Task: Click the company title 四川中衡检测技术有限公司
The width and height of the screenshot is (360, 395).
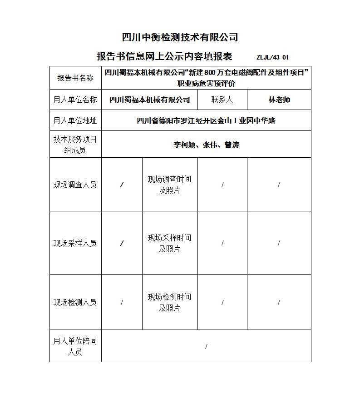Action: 180,37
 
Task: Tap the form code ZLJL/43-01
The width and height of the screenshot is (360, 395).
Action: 272,57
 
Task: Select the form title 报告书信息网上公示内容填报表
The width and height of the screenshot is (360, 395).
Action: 164,56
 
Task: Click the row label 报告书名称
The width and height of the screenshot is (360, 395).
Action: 75,78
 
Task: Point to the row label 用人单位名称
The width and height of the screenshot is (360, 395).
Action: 75,100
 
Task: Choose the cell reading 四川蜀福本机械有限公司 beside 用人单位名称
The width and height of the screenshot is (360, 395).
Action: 150,100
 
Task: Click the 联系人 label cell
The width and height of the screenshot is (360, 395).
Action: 222,100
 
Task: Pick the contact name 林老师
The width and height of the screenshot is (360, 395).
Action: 279,100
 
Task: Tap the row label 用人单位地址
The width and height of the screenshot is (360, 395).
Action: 75,120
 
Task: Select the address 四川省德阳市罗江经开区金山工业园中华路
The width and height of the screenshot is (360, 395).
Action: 206,120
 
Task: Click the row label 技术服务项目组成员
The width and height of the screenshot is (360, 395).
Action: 75,145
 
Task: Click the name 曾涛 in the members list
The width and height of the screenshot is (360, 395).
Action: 232,145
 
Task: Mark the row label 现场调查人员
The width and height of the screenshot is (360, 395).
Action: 75,185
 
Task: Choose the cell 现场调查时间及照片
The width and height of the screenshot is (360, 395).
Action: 169,185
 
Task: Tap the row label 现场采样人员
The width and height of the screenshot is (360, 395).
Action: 75,243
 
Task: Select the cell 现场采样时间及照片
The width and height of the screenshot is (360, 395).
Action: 169,243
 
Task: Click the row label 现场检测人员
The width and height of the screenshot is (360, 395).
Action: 75,302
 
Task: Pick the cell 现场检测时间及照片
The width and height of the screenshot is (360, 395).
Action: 169,302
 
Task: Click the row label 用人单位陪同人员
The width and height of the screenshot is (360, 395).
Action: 75,346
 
